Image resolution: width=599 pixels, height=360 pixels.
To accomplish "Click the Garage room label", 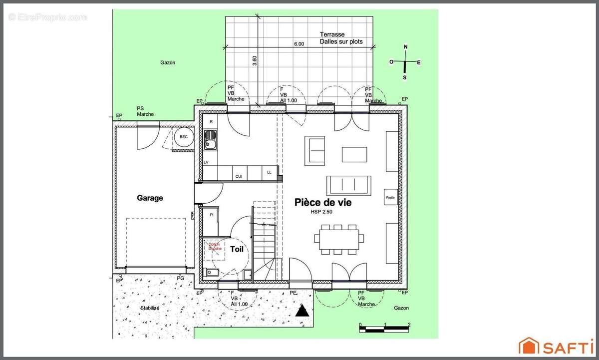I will (x=150, y=198).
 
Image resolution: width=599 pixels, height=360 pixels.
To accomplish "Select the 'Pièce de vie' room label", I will (x=322, y=202).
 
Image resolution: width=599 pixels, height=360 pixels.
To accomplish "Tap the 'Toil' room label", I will (x=237, y=249).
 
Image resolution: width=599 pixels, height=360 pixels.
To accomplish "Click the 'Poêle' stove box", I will (x=390, y=198).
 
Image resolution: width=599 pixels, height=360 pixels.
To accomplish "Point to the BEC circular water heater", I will (x=183, y=137).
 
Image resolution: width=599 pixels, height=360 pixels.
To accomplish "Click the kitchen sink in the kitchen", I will (x=211, y=139).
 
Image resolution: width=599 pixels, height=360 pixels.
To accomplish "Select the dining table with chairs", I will (x=339, y=239).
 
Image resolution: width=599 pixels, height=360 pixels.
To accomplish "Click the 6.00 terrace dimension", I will (x=299, y=44).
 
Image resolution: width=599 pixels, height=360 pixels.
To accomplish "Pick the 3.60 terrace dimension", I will (x=255, y=60).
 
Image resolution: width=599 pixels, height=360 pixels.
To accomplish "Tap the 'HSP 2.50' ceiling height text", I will (x=322, y=212).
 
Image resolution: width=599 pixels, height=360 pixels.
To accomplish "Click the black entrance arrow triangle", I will (x=301, y=312).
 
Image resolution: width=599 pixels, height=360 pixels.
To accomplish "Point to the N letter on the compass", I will (x=405, y=47).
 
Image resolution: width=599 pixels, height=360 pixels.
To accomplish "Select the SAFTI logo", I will (x=555, y=345).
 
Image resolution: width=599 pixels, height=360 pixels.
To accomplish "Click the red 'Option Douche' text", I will (x=215, y=246).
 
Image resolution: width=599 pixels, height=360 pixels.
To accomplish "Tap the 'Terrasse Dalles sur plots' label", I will (x=341, y=38).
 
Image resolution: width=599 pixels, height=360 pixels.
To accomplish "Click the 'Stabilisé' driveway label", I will (x=150, y=308).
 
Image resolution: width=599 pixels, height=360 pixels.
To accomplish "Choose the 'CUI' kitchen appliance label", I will (x=239, y=176).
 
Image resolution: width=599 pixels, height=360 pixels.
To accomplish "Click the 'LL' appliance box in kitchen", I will (x=269, y=172).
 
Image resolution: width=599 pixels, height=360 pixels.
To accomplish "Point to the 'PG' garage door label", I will (x=181, y=278).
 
